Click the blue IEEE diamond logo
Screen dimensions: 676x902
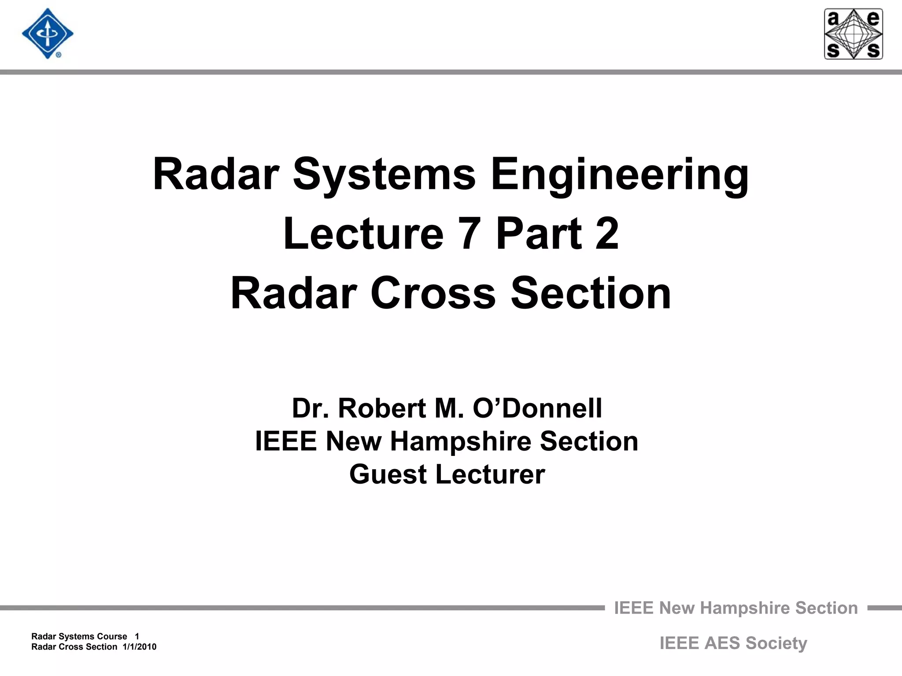48,34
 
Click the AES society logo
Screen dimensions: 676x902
853,34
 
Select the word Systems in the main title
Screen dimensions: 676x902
384,175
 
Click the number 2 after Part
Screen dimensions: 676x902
607,234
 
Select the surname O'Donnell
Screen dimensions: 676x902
537,408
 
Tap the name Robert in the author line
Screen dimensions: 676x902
382,408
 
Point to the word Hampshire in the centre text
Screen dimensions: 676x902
460,441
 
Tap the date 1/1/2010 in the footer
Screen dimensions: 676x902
140,647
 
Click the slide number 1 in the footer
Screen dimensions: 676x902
137,636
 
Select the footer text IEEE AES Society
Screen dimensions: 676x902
733,643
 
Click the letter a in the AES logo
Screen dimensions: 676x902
833,19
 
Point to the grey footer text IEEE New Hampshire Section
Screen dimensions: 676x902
736,608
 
